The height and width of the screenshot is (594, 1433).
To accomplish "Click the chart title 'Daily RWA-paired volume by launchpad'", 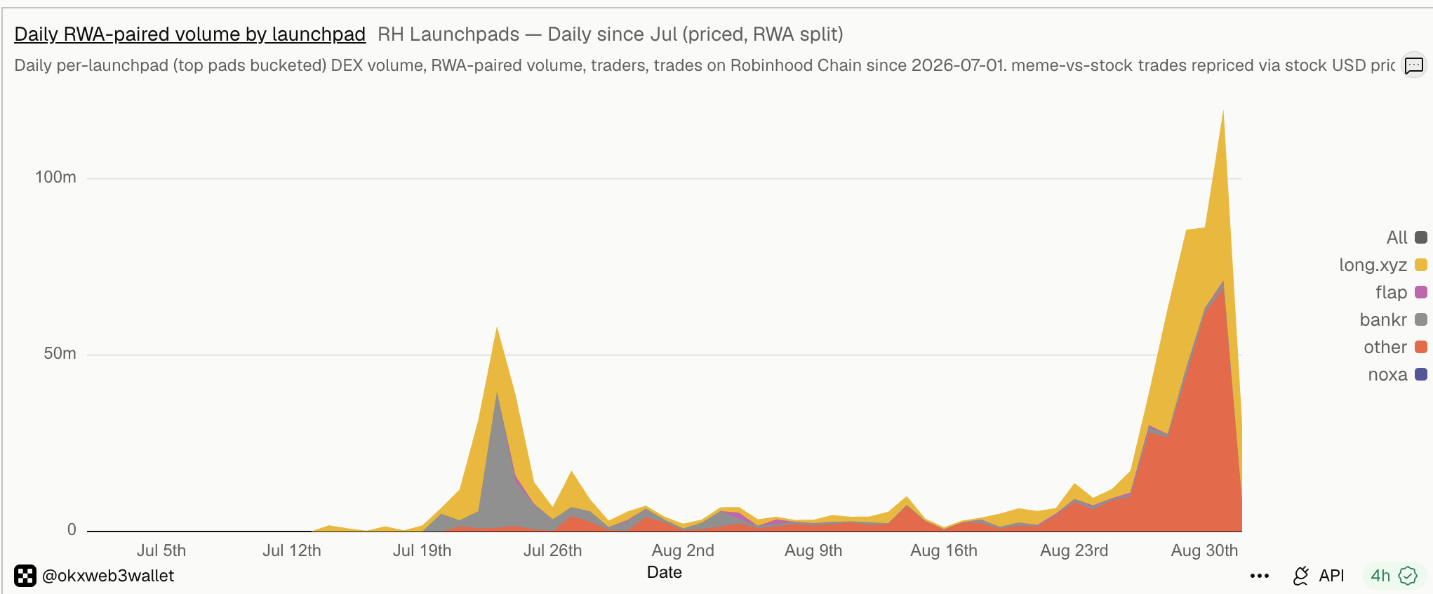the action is tap(189, 34).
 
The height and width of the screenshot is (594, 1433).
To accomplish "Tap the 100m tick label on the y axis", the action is tap(55, 177).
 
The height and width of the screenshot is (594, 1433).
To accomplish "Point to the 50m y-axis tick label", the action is tap(60, 353).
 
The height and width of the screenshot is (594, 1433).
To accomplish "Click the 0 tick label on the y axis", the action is tap(72, 529).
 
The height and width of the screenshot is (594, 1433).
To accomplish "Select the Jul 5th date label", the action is tap(161, 550).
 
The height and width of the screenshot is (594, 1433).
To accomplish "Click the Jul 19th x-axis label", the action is tap(422, 550).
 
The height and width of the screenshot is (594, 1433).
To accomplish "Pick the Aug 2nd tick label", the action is tap(683, 550).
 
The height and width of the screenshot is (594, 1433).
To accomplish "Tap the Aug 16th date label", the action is tap(944, 550).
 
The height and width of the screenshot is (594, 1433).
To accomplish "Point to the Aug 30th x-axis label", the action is tap(1204, 550).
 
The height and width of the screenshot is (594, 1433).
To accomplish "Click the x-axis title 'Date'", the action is tap(665, 572).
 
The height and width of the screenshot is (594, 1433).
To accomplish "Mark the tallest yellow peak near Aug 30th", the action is tap(1223, 111).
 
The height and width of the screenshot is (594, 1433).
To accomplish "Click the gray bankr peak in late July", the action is tap(497, 393).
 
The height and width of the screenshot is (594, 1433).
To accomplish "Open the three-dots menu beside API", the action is tap(1260, 576).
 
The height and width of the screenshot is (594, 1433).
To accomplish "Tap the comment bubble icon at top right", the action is tap(1414, 65).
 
